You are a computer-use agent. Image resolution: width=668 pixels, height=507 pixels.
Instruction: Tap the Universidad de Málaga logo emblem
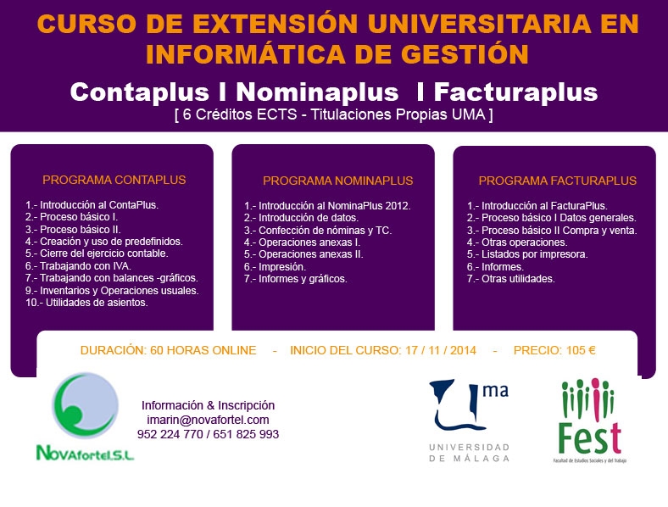469,404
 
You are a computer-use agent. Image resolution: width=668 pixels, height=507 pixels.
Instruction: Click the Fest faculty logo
590,420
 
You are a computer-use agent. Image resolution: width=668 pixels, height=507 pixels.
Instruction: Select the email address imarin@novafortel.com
208,420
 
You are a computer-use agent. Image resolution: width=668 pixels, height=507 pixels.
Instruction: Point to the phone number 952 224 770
170,434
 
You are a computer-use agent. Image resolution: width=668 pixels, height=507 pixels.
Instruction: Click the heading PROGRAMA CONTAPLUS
114,180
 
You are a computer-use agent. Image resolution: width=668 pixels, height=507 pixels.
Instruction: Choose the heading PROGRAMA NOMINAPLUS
338,181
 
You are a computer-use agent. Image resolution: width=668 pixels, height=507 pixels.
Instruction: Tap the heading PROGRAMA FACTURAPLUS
558,181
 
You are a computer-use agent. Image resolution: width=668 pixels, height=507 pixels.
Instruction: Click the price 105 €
581,350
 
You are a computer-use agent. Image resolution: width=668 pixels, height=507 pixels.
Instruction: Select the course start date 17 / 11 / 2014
441,350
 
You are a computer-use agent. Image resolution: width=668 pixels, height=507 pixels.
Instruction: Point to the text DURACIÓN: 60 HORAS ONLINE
169,350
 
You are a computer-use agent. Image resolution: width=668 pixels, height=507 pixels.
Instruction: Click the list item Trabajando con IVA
78,266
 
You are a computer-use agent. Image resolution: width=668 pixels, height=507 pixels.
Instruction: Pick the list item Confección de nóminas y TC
318,231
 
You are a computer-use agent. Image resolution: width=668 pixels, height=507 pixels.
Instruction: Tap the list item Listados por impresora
527,254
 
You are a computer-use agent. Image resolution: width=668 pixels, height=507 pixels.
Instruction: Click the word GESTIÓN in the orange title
465,54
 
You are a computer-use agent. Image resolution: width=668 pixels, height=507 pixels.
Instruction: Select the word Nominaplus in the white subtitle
317,92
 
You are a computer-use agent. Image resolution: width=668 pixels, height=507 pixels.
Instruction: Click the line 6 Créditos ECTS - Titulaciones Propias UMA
333,114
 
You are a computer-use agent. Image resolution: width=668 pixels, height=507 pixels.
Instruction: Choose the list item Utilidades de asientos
87,303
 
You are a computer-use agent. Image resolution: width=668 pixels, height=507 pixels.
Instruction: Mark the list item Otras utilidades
511,279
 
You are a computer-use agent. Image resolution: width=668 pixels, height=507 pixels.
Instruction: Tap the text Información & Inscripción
208,405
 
